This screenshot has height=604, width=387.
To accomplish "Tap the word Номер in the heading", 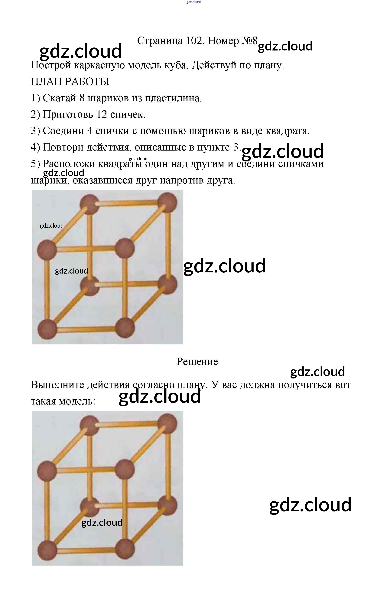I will (223, 41).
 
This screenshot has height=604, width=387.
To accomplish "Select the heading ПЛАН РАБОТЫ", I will (70, 82).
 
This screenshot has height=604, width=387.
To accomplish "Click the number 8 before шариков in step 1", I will (82, 98).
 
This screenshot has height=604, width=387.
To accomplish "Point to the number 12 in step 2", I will (102, 114).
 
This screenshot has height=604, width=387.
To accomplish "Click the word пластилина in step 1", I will (173, 98).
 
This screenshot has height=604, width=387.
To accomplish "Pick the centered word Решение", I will (197, 362).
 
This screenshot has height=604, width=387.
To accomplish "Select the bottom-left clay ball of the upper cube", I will (47, 329).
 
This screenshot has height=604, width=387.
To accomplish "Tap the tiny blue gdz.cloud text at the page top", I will (193, 2).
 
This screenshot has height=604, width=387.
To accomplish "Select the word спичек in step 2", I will (128, 114).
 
